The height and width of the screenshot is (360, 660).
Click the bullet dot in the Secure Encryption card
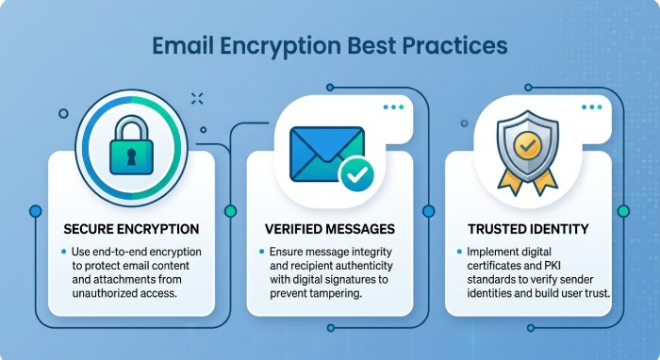[x=64, y=253]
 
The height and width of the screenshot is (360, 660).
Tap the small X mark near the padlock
[x=196, y=97]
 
